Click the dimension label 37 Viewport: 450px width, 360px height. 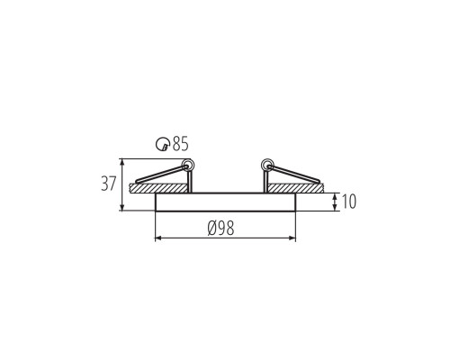pyautogui.click(x=108, y=184)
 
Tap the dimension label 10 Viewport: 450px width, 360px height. pyautogui.click(x=349, y=202)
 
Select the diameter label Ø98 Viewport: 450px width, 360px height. pyautogui.click(x=220, y=228)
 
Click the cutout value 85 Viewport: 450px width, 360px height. pyautogui.click(x=180, y=143)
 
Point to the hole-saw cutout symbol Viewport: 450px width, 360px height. pyautogui.click(x=162, y=144)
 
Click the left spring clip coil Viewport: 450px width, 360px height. pyautogui.click(x=189, y=165)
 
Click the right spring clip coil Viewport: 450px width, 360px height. pyautogui.click(x=266, y=164)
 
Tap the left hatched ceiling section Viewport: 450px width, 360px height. pyautogui.click(x=158, y=188)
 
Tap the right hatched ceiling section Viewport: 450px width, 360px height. pyautogui.click(x=295, y=188)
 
